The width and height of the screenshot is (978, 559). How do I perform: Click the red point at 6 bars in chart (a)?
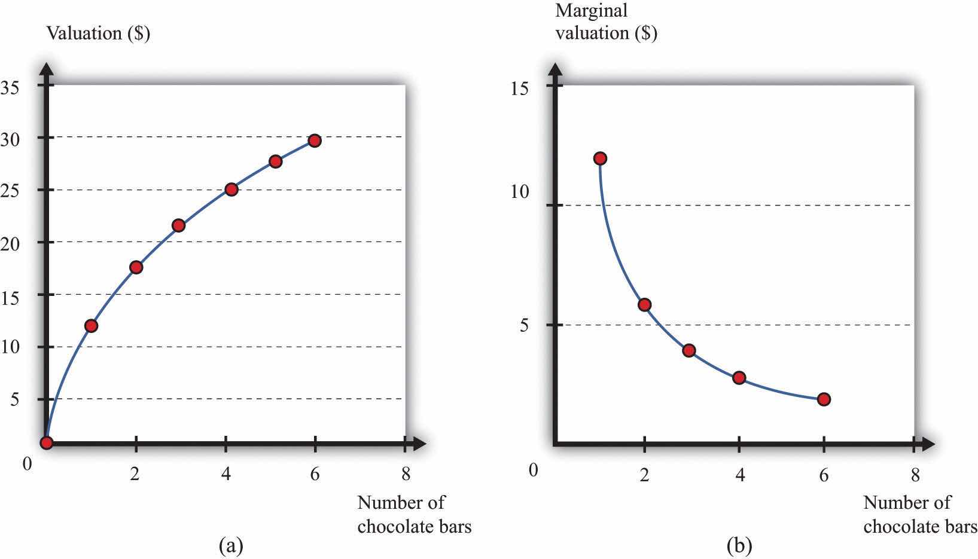[x=314, y=140]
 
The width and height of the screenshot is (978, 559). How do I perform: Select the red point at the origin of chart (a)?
[x=47, y=442]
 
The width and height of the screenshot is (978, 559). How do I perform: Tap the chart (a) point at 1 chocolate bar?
[x=91, y=326]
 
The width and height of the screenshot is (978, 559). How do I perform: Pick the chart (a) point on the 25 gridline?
[x=231, y=190]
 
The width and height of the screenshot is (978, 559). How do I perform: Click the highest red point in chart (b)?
[x=600, y=158]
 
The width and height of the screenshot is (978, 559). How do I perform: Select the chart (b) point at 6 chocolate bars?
[x=824, y=399]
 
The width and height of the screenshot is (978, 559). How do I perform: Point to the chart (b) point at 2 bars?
[x=644, y=305]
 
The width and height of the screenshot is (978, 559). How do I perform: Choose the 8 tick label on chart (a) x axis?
[x=406, y=474]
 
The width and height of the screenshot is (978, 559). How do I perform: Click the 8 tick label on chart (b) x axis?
[x=914, y=475]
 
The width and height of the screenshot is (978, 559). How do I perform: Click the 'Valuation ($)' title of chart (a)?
[x=98, y=33]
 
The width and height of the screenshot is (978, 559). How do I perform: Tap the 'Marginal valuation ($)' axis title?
[x=605, y=22]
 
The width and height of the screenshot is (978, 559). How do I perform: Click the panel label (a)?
[x=231, y=545]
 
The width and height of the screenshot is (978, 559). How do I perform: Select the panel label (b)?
[x=739, y=545]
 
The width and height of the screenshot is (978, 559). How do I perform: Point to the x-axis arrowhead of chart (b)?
[x=928, y=444]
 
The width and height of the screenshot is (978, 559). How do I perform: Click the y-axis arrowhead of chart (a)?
[x=47, y=67]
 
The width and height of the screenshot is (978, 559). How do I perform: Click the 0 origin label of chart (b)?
[x=533, y=470]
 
